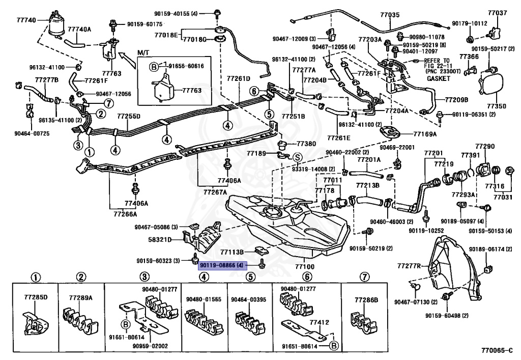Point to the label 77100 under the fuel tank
(304, 266)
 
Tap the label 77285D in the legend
(34, 297)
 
